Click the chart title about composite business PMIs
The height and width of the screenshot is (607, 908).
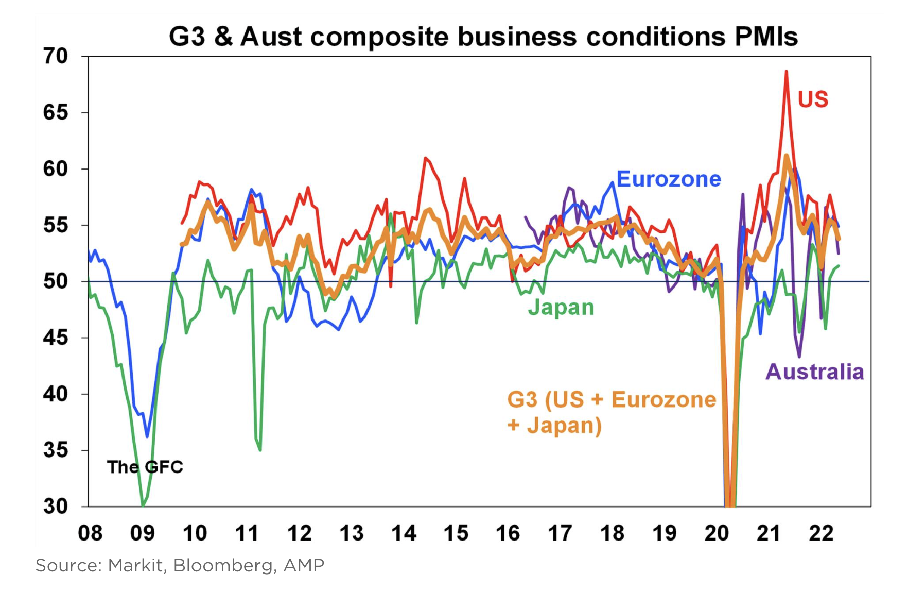483,37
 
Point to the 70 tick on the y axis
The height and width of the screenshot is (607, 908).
56,56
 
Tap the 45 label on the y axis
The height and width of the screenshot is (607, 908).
56,338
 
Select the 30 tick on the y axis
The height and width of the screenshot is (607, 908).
56,507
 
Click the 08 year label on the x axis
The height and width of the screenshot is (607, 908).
90,533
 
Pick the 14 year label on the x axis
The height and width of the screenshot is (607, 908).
404,533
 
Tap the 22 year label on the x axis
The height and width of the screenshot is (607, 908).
821,533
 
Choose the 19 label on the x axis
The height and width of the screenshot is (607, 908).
665,533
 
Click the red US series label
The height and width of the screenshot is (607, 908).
813,99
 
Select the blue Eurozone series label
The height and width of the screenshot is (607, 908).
669,179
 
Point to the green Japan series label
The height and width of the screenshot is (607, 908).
561,308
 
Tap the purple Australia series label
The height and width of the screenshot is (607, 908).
814,372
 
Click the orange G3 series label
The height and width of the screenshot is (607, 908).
612,413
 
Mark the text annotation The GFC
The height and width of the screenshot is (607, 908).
145,467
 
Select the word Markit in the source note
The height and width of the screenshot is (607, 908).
135,565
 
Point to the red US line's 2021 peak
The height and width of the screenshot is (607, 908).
786,71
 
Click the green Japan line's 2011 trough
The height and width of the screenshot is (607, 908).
260,450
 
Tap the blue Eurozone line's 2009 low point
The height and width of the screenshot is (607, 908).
147,436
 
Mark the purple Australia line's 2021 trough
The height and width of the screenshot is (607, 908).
799,356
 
